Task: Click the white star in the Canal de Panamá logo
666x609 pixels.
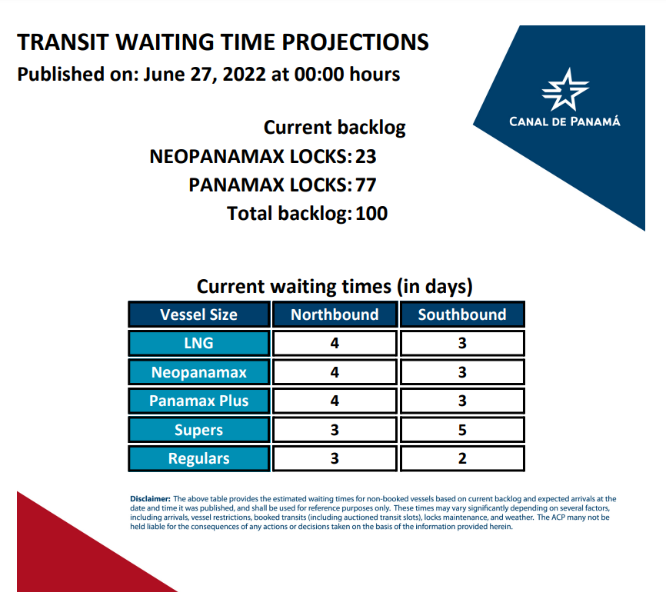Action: pos(565,90)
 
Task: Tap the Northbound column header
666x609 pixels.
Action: pos(335,314)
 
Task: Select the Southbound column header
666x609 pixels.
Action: pos(462,314)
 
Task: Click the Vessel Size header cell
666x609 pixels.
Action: pos(198,314)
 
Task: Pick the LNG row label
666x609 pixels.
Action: pos(198,343)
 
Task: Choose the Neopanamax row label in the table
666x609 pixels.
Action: pos(198,372)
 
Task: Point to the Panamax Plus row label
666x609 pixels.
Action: pos(198,401)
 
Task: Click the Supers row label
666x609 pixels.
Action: pos(198,430)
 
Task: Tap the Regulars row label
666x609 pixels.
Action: pos(198,458)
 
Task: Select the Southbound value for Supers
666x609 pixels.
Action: pos(462,430)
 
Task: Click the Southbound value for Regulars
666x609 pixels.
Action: pos(462,458)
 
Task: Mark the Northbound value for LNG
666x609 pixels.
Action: pos(335,343)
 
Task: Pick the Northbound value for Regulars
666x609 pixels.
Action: pos(335,458)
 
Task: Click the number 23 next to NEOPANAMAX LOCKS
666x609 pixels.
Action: pos(366,156)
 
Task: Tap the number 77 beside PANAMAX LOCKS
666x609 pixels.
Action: pos(366,185)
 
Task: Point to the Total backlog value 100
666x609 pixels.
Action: pos(371,213)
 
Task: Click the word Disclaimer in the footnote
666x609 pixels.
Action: pos(150,498)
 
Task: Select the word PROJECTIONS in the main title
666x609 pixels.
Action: pos(355,42)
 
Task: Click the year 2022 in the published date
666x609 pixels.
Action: pos(245,74)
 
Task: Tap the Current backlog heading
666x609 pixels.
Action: pos(335,128)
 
